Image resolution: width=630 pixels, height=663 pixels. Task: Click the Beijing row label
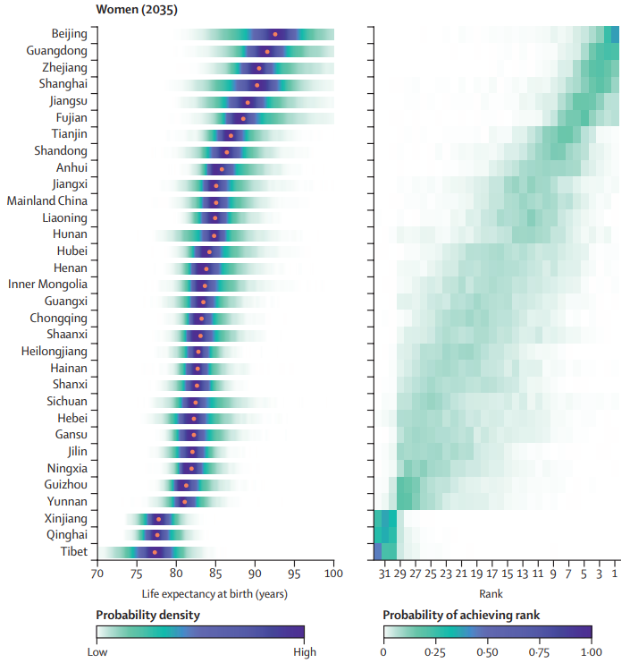[x=70, y=34]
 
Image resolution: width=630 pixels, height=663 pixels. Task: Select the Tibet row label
[x=73, y=551]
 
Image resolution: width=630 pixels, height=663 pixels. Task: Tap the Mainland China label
[x=47, y=200]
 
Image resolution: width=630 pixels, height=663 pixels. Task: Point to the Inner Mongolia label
[x=48, y=285]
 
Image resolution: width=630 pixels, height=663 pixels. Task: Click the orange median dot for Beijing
[x=274, y=34]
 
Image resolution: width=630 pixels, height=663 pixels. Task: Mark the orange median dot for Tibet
[x=155, y=552]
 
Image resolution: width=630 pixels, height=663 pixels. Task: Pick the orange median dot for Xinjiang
[x=159, y=519]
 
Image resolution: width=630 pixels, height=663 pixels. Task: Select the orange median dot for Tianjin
[x=231, y=135]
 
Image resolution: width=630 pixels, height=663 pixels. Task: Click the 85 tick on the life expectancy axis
[x=215, y=574]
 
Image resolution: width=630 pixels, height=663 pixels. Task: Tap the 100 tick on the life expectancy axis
[x=334, y=574]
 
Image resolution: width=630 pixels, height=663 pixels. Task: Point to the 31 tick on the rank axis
[x=384, y=574]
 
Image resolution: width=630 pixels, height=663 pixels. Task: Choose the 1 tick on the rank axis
[x=615, y=574]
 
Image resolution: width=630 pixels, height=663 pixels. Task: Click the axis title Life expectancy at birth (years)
[x=214, y=592]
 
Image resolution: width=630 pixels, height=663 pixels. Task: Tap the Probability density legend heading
[x=147, y=615]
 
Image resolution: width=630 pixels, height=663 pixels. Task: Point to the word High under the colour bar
[x=304, y=652]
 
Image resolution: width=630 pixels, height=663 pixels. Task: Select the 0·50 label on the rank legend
[x=487, y=652]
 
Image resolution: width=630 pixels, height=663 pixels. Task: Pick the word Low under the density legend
[x=97, y=652]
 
